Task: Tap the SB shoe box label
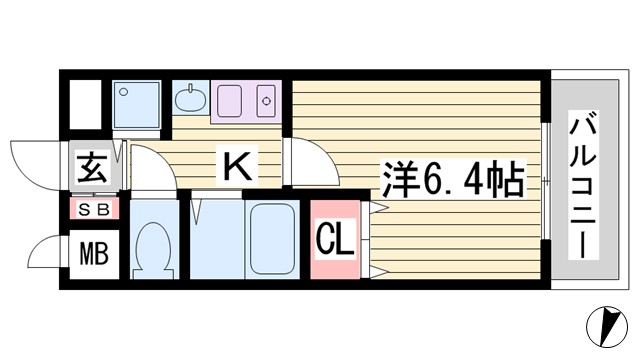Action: (x=94, y=209)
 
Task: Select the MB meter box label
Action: (x=94, y=255)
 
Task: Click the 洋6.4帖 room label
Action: (x=452, y=181)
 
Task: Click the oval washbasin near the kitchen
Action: (x=189, y=99)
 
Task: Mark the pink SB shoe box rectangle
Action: (x=94, y=209)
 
